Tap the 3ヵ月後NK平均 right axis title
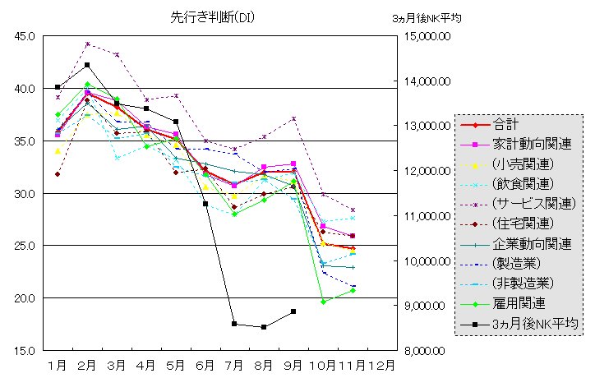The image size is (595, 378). (427, 16)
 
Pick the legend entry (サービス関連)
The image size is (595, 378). (534, 203)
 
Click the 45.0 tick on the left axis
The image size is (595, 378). (24, 36)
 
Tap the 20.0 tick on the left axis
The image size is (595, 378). (24, 298)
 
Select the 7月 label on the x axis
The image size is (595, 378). (234, 364)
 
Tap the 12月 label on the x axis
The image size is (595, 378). (381, 364)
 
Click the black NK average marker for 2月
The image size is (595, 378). (87, 65)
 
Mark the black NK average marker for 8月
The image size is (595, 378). (264, 327)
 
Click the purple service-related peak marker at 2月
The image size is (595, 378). (87, 44)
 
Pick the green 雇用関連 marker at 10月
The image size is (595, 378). (323, 302)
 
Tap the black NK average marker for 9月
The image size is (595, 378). (293, 311)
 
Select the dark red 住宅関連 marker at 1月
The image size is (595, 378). (58, 174)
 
